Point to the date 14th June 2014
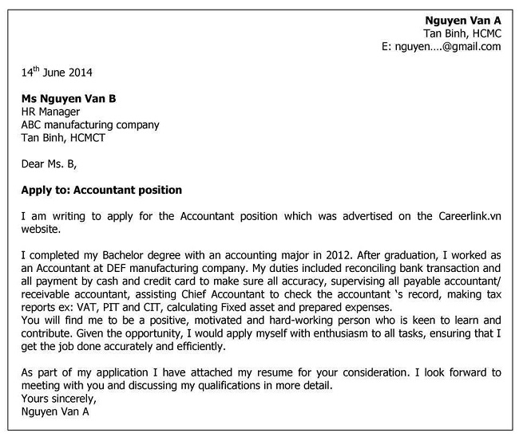click(x=56, y=73)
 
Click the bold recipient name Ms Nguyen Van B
click(x=69, y=98)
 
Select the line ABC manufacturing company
click(x=89, y=124)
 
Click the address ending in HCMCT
click(x=62, y=137)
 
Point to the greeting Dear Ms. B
click(x=50, y=164)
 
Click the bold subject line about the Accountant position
click(x=101, y=190)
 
